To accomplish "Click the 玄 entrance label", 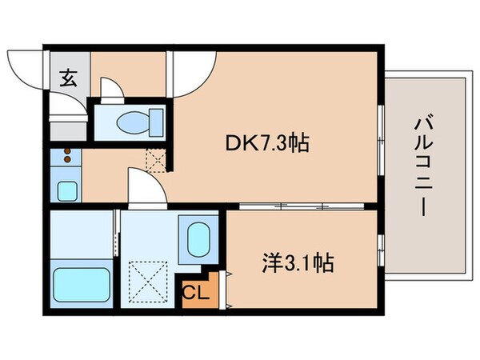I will point(68,78).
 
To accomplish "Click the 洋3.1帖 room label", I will point(298,262).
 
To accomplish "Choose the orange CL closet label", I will point(197,293).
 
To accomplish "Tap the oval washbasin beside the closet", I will point(198,238).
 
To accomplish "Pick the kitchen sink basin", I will point(67,190).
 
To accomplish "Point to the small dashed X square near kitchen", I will point(156,160).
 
